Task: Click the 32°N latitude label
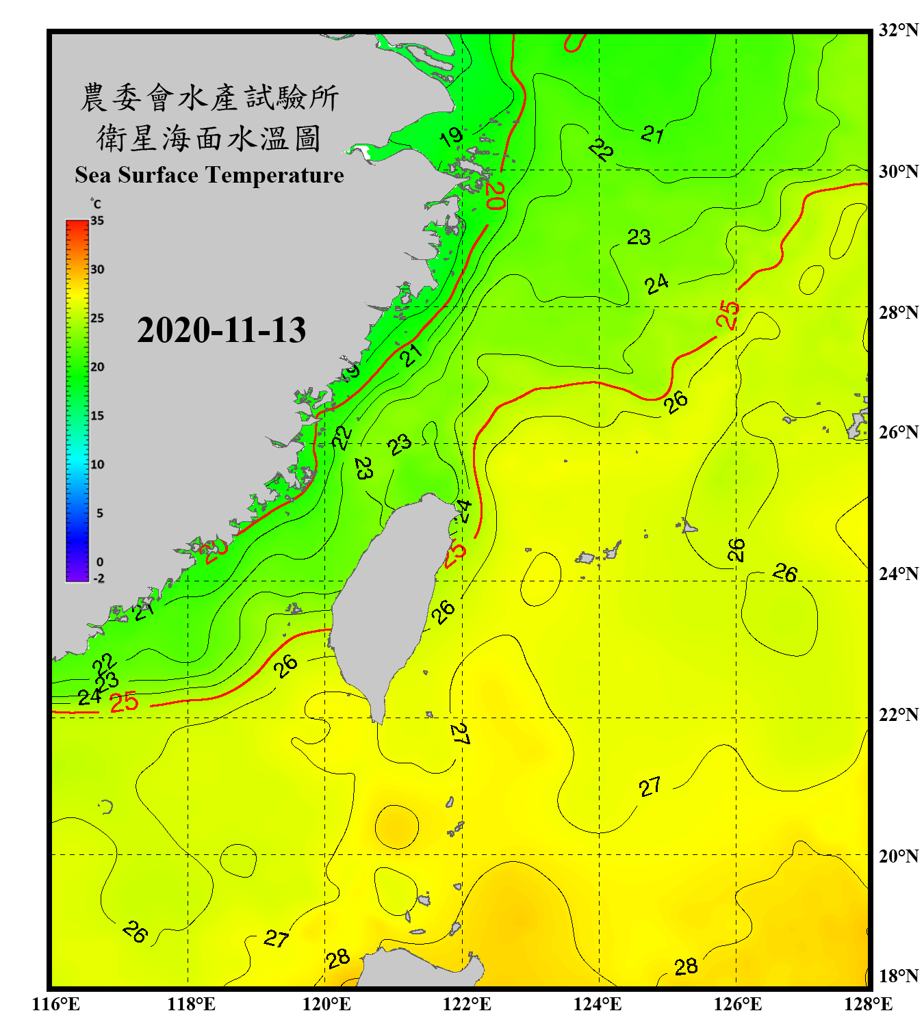click(x=898, y=30)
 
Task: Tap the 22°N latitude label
click(x=898, y=715)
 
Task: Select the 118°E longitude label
click(x=191, y=1004)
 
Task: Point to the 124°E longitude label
click(x=597, y=1004)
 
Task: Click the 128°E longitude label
click(x=868, y=1004)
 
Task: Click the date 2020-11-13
click(x=221, y=330)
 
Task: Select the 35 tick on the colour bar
click(x=97, y=221)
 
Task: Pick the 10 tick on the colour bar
click(x=97, y=464)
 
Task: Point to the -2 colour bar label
click(x=99, y=578)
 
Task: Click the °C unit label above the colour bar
click(x=95, y=204)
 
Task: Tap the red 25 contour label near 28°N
click(x=728, y=315)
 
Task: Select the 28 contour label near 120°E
click(x=338, y=959)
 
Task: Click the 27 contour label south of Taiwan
click(x=459, y=734)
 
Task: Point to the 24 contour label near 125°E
click(x=656, y=283)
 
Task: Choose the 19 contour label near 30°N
click(x=451, y=137)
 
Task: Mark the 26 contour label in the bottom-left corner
click(x=135, y=932)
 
